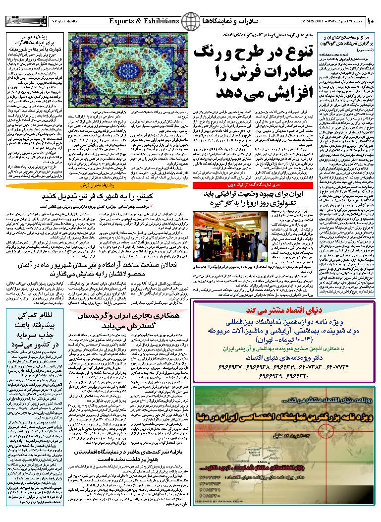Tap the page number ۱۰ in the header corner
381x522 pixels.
pos(372,21)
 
